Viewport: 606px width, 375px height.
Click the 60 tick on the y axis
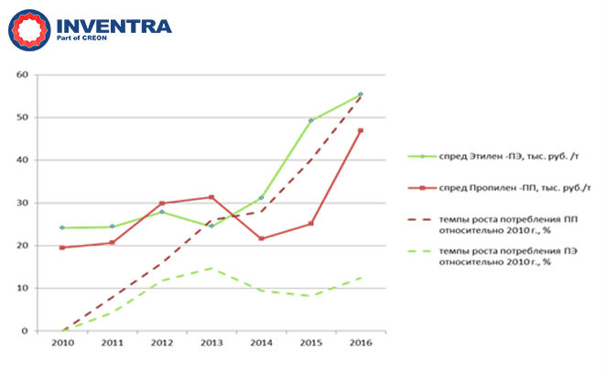point(24,75)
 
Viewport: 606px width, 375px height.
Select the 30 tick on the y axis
point(24,203)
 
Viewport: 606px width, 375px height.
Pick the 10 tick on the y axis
point(24,288)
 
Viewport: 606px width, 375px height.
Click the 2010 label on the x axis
point(63,345)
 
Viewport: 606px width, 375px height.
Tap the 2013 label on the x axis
point(211,345)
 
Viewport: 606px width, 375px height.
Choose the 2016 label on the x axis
point(360,345)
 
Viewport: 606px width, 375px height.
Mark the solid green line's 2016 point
point(360,94)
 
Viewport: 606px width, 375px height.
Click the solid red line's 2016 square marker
point(360,131)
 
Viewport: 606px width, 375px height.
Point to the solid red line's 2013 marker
point(211,197)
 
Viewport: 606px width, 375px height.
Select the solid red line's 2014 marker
point(261,238)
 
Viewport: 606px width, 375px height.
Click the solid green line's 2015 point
point(310,120)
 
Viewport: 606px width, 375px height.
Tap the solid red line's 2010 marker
point(63,248)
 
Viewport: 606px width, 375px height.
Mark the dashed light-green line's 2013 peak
point(211,268)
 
